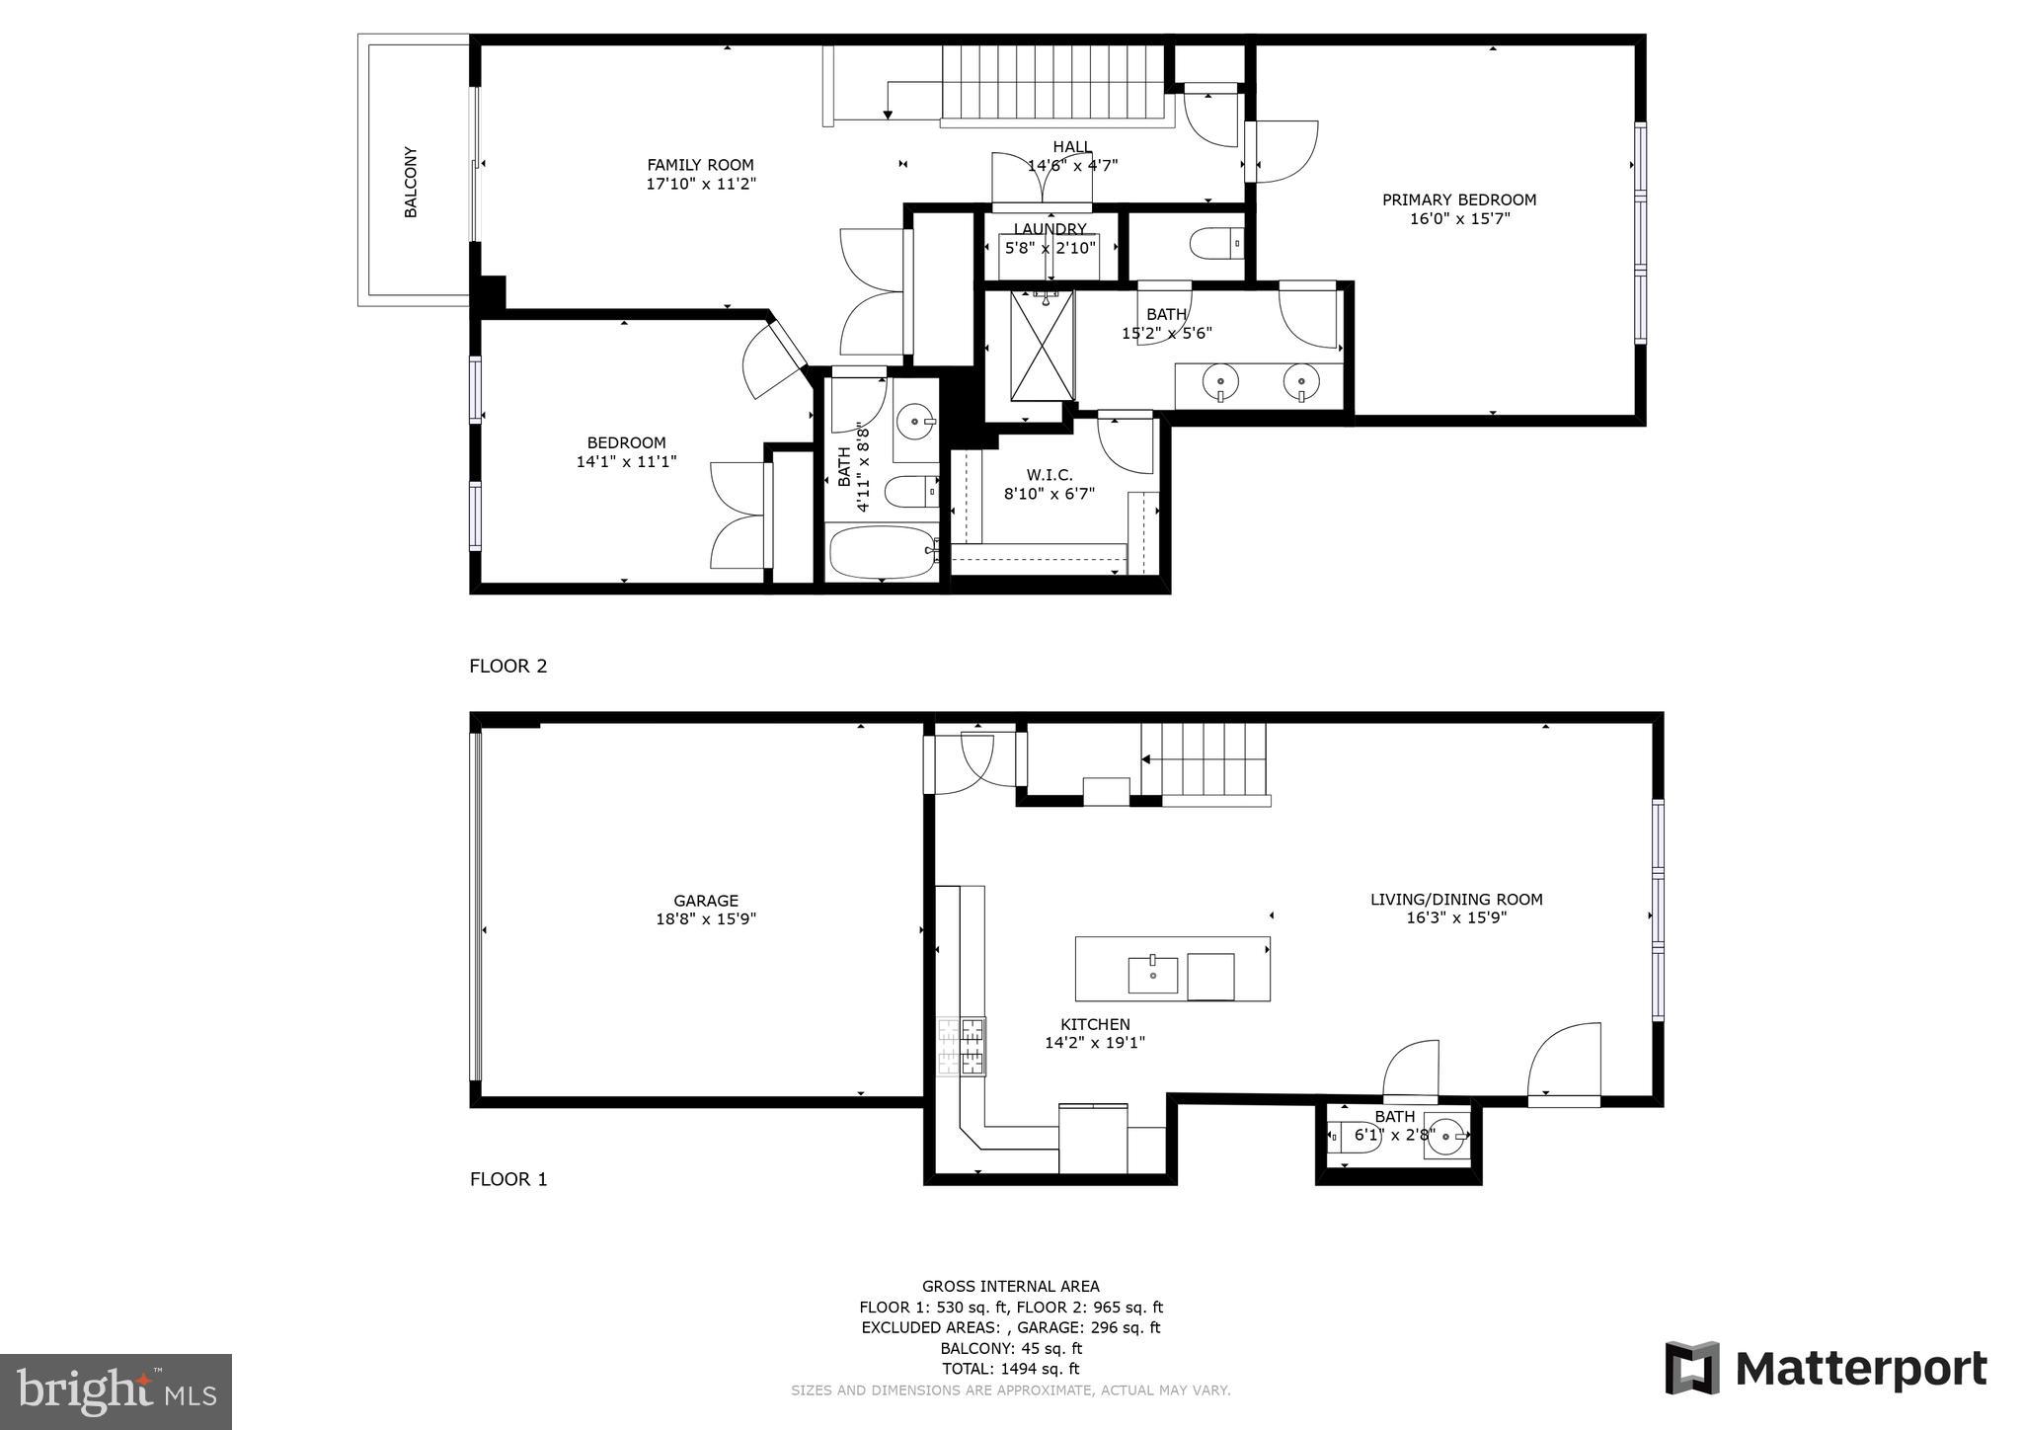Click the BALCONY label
[x=411, y=183]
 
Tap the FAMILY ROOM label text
[x=700, y=165]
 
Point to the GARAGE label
[x=706, y=901]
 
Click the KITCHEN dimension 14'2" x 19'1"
[x=1095, y=1043]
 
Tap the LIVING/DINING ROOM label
[x=1456, y=900]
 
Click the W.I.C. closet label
[x=1050, y=475]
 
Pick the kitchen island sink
[x=1152, y=974]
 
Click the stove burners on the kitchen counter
[x=961, y=1048]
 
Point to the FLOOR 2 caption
[x=507, y=666]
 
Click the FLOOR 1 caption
[x=507, y=1179]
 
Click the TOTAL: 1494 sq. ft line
[x=1010, y=1369]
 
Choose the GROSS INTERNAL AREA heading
[x=1010, y=1286]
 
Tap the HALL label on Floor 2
[x=1072, y=147]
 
